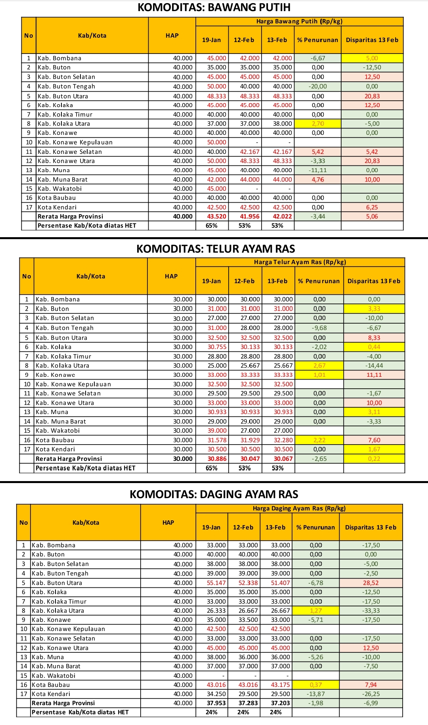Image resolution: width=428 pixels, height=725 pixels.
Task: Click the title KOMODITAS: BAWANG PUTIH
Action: pos(214,7)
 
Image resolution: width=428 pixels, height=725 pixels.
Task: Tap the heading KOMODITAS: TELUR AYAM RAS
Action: pos(216,249)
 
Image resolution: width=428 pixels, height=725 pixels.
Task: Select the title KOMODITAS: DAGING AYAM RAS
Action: pos(214,494)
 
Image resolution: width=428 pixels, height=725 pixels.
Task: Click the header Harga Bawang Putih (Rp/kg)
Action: pos(299,21)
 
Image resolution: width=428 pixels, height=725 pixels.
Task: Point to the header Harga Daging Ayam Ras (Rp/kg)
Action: pos(299,508)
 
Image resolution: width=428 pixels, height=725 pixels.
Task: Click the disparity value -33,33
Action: pos(371,610)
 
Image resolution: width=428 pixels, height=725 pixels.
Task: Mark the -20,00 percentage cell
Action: pos(318,86)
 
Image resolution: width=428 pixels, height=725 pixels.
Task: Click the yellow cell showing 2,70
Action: pos(318,123)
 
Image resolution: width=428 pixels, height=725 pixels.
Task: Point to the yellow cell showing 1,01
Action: pos(319,375)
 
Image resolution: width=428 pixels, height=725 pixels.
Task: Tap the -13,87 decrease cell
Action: pos(316,694)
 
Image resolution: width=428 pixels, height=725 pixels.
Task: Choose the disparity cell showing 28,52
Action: pos(371,583)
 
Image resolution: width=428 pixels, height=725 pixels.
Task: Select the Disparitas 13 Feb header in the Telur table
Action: pos(374,281)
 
